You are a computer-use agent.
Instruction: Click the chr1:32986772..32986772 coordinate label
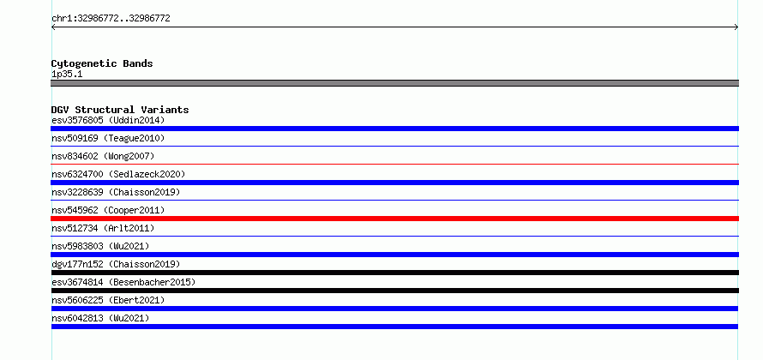(111, 19)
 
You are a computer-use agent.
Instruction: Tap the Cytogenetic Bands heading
(102, 63)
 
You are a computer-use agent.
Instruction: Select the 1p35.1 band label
(67, 75)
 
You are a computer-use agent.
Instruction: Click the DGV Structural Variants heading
(120, 110)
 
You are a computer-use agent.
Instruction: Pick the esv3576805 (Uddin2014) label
(108, 120)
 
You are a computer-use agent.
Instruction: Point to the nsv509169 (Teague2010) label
(108, 138)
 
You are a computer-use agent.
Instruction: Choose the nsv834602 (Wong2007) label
(103, 156)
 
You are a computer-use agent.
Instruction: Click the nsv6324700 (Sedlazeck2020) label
(118, 174)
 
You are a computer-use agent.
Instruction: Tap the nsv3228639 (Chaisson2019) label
(116, 192)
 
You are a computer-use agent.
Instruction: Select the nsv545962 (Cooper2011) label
(108, 210)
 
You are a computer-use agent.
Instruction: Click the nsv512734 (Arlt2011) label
(103, 228)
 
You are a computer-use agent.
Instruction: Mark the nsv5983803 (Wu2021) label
(100, 246)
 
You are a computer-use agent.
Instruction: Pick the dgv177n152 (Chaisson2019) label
(116, 264)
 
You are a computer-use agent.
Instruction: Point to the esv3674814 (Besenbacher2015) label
(123, 282)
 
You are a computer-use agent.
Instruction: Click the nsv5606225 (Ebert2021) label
(108, 300)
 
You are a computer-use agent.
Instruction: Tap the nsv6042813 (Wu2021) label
(100, 318)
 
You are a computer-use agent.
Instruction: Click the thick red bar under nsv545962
(394, 219)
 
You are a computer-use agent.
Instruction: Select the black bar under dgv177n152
(394, 273)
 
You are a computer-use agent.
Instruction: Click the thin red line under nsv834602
(394, 165)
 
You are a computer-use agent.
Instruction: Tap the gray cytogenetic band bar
(394, 83)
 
